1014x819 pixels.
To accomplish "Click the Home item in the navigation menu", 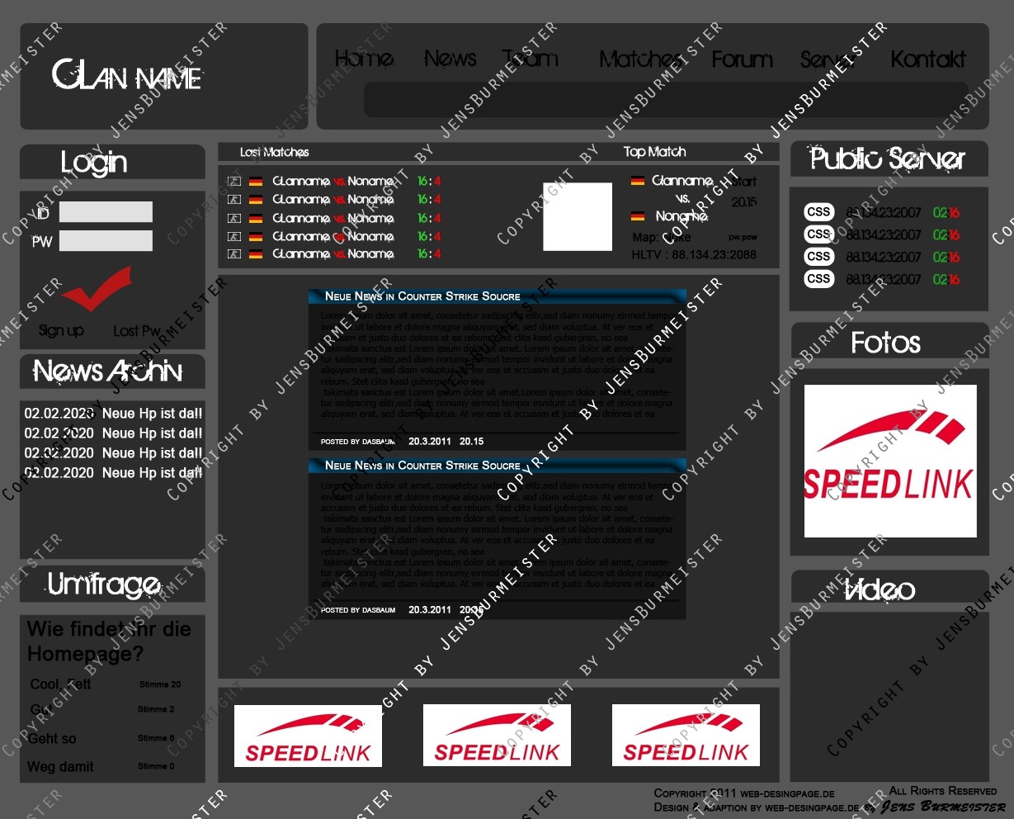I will pyautogui.click(x=364, y=59).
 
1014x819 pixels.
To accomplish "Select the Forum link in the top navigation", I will pyautogui.click(x=742, y=59).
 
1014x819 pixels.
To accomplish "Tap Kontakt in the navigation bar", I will pyautogui.click(x=927, y=59).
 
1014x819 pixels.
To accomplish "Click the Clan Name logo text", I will pyautogui.click(x=126, y=76).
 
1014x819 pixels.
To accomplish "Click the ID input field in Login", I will pyautogui.click(x=106, y=212).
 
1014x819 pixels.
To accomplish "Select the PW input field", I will pyautogui.click(x=106, y=241).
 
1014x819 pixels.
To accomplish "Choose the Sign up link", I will pyautogui.click(x=61, y=330).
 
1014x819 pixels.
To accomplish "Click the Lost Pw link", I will pyautogui.click(x=136, y=331).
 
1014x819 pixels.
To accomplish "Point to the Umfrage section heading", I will pyautogui.click(x=104, y=585).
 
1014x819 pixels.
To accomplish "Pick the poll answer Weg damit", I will pyautogui.click(x=60, y=767).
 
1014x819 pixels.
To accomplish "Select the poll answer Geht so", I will pyautogui.click(x=52, y=739).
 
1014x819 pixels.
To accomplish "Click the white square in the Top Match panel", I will pyautogui.click(x=578, y=216).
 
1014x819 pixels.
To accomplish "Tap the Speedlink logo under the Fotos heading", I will pyautogui.click(x=889, y=461).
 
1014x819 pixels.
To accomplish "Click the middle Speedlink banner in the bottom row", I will pyautogui.click(x=497, y=736).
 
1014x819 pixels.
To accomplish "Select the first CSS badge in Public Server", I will pyautogui.click(x=818, y=212).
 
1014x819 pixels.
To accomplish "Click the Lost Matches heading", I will pyautogui.click(x=274, y=152).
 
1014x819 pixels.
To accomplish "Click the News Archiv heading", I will pyautogui.click(x=108, y=372).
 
